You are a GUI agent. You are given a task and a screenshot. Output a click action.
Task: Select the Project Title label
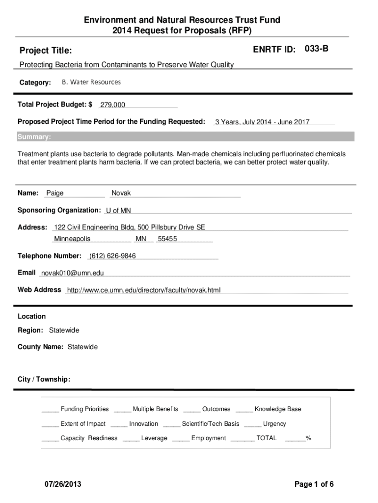point(45,51)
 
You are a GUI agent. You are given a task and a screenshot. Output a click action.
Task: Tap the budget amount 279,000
point(113,105)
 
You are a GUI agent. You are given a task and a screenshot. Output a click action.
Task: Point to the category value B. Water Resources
point(91,82)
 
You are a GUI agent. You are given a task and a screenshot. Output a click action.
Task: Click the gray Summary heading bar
point(186,137)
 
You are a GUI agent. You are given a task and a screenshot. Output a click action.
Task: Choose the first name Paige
point(55,193)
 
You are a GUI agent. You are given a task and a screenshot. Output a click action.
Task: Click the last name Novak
point(121,193)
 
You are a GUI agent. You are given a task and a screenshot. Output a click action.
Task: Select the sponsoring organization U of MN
point(118,211)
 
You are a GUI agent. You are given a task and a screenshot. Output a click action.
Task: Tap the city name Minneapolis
point(72,239)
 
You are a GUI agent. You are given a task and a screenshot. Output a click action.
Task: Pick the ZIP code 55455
point(167,239)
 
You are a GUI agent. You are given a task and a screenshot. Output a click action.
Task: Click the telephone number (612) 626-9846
point(112,256)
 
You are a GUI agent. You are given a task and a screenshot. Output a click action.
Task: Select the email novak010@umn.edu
point(72,273)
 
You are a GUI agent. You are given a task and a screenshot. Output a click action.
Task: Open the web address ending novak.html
point(144,290)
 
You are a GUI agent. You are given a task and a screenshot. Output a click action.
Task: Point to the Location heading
point(31,316)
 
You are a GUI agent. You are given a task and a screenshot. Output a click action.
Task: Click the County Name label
point(40,347)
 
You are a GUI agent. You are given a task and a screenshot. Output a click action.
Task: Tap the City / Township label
point(44,379)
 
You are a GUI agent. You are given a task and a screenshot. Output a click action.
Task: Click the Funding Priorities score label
point(84,409)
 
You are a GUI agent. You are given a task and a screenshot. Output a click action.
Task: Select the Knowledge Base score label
point(278,409)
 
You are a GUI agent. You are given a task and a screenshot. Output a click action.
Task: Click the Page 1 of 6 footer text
point(314,484)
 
